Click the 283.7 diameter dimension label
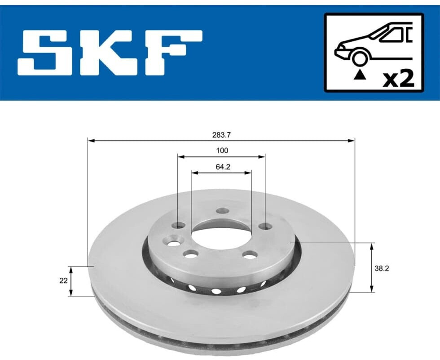click(221, 135)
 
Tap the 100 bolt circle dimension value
click(222, 151)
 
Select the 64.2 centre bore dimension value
click(223, 167)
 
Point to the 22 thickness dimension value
click(63, 280)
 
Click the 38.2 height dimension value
click(382, 268)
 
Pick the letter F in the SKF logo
click(174, 53)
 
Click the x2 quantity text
click(399, 79)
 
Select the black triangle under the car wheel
click(360, 75)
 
